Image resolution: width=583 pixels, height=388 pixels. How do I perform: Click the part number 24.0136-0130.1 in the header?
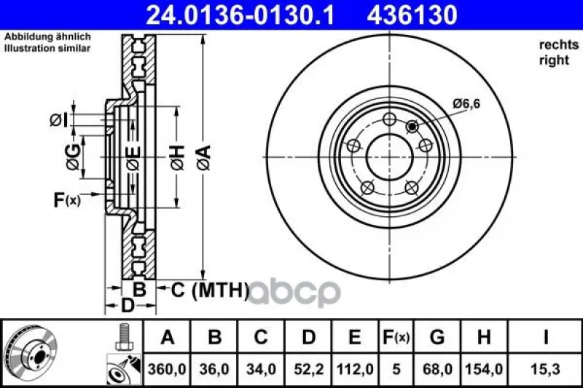tap(240, 15)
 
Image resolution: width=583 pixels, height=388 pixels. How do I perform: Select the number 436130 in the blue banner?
tap(412, 15)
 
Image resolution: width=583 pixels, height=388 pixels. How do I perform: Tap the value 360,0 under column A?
tap(167, 369)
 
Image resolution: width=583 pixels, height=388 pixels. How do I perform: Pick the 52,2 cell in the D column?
tap(308, 369)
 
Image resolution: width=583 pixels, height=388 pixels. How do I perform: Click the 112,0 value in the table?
tap(355, 369)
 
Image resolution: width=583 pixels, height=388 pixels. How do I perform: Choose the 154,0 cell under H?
tap(484, 369)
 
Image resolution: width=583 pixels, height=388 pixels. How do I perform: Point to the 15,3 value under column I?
tap(545, 369)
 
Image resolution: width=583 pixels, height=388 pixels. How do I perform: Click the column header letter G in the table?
tap(437, 337)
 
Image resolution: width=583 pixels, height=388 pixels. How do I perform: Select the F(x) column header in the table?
tap(396, 337)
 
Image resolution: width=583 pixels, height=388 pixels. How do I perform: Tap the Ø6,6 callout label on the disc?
tap(466, 103)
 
